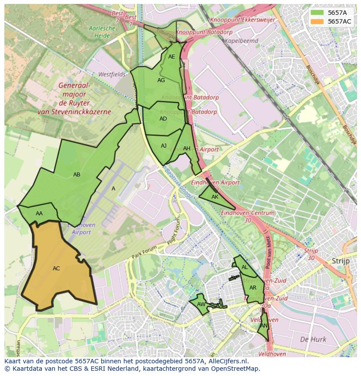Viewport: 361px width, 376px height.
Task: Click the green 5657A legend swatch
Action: [317, 13]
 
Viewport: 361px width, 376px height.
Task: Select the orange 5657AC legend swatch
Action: [317, 21]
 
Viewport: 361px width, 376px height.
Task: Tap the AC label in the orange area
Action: [56, 269]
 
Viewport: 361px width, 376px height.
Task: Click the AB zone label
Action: [77, 175]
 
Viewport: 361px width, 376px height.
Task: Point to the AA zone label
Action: [39, 214]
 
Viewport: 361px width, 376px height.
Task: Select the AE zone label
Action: [171, 57]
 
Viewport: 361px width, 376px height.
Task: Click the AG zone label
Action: [161, 80]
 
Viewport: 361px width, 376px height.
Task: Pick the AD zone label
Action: [163, 119]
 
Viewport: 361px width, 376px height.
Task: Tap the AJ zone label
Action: [163, 146]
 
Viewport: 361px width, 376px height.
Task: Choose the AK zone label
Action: [215, 197]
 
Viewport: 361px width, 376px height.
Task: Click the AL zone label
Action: [245, 267]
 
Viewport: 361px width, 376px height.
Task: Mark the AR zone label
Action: [253, 288]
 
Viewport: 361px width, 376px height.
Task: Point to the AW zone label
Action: [201, 304]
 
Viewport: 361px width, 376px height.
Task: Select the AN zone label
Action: [264, 326]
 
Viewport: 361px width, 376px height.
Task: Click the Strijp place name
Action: [341, 261]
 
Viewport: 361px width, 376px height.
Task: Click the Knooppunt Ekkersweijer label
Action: [242, 20]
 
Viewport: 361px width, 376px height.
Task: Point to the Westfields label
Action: [112, 74]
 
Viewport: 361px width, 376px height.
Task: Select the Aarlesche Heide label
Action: [102, 31]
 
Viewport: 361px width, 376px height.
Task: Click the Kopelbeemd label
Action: [242, 41]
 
